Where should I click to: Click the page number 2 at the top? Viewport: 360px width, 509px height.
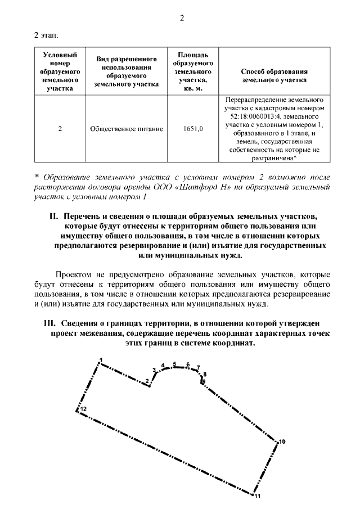[182, 18]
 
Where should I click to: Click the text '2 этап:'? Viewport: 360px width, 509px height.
[47, 36]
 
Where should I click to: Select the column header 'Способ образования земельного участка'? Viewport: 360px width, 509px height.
[273, 75]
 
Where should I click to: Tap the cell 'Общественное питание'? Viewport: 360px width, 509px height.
[127, 129]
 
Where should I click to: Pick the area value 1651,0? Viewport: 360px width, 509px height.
[193, 129]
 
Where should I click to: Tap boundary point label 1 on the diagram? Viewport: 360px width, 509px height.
[101, 359]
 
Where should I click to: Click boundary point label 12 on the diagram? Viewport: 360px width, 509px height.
[83, 409]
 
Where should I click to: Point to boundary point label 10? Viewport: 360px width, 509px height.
[282, 442]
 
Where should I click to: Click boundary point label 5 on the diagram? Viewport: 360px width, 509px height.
[175, 363]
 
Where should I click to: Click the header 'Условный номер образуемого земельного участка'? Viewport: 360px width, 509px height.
[60, 71]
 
